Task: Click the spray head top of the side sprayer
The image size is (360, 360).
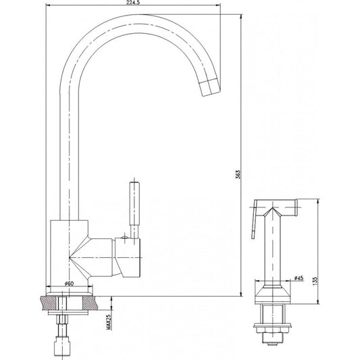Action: [277, 204]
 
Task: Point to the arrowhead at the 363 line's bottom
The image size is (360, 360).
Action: [242, 292]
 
